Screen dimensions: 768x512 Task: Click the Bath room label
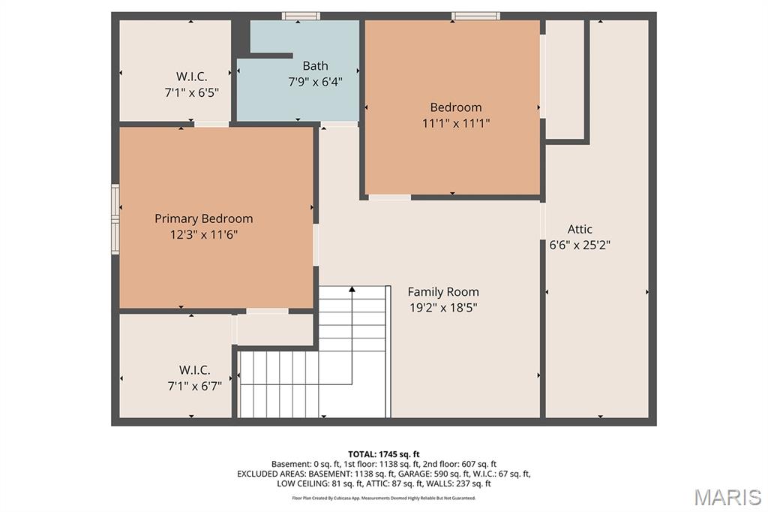[316, 66]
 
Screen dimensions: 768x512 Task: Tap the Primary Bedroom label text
[204, 218]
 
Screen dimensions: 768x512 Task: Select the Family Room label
[443, 292]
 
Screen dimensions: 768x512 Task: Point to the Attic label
[580, 229]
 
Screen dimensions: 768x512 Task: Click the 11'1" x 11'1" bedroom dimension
[456, 123]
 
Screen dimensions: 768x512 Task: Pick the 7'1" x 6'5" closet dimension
[191, 92]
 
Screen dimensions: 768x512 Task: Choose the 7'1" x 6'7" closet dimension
[195, 386]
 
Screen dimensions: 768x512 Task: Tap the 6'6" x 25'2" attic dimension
[580, 245]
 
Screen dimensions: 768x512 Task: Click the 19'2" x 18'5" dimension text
[443, 308]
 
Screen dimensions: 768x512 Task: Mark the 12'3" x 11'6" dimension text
[204, 234]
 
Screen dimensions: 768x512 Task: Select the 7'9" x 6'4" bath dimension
[316, 81]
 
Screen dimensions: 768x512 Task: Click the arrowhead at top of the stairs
[352, 289]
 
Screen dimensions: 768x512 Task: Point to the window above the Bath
[301, 17]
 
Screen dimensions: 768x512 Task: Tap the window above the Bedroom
[475, 17]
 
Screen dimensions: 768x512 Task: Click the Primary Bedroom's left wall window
[115, 218]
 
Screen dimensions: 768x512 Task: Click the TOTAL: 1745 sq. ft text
[384, 454]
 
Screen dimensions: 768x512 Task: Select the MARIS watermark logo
[727, 497]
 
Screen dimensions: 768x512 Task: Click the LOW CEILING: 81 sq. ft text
[319, 483]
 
